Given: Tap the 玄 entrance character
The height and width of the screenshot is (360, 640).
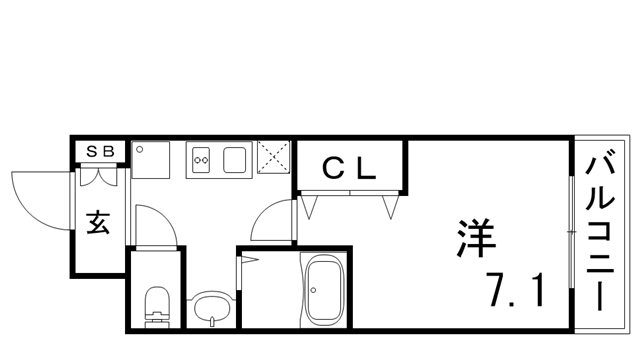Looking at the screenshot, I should point(98,222).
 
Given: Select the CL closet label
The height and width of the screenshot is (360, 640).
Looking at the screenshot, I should point(348,169).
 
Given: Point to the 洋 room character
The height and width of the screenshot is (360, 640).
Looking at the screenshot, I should point(473,239).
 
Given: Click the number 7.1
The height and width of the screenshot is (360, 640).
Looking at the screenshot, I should point(516,291).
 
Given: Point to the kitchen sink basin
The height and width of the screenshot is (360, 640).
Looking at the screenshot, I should point(238,159).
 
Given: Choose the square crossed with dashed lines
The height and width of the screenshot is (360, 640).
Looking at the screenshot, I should point(272,158).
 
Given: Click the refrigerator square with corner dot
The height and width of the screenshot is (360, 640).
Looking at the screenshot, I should point(152,160).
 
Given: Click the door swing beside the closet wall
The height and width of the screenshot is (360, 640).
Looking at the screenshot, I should point(273,222).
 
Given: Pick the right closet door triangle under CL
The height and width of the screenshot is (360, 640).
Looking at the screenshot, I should point(392,206).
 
